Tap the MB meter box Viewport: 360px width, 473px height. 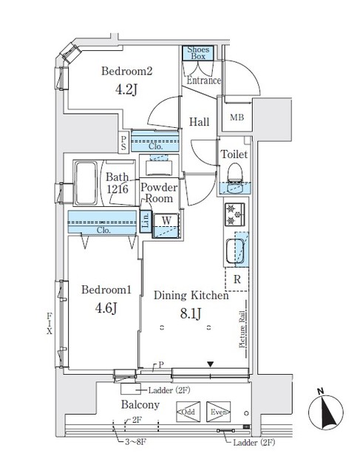[x=237, y=118]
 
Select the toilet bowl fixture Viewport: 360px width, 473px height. [x=235, y=174]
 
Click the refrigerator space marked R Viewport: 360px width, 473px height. [x=236, y=279]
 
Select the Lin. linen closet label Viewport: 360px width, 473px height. [x=146, y=220]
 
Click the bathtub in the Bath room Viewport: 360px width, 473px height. [x=87, y=183]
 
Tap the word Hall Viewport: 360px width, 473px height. [x=199, y=122]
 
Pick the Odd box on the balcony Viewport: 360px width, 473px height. [x=187, y=412]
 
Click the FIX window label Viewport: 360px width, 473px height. [x=50, y=323]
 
